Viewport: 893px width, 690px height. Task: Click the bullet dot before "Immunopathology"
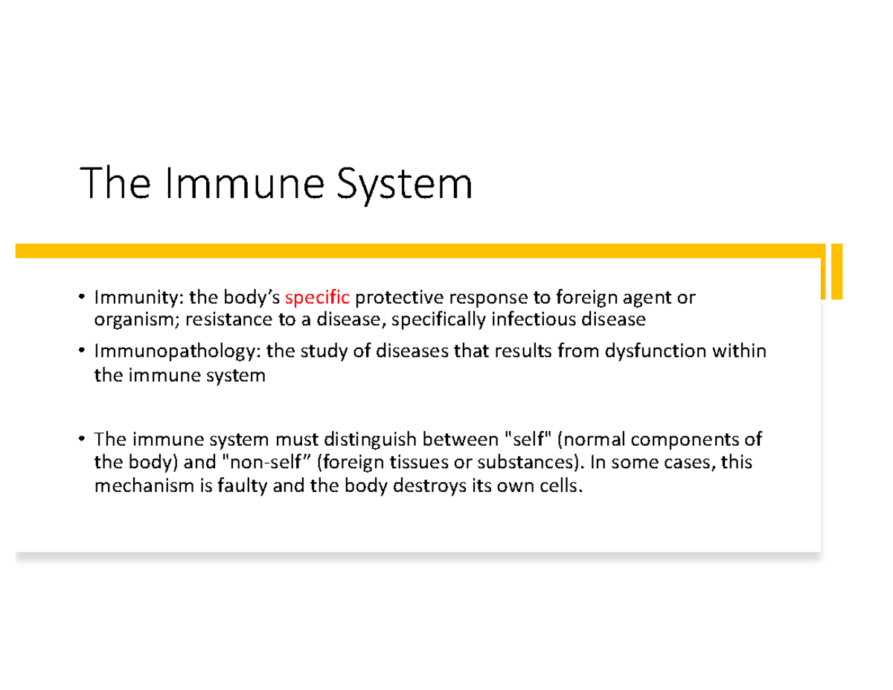81,351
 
